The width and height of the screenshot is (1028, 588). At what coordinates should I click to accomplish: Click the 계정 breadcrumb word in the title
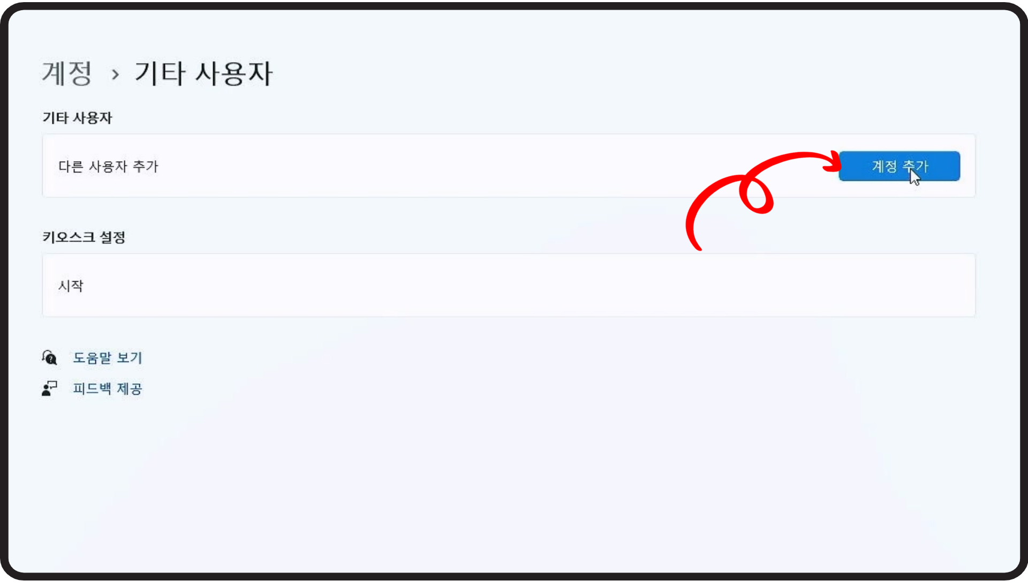pyautogui.click(x=67, y=73)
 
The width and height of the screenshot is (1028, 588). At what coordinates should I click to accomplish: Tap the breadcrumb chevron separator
pyautogui.click(x=115, y=74)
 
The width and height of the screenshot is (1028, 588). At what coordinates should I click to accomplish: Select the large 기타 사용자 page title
pyautogui.click(x=203, y=73)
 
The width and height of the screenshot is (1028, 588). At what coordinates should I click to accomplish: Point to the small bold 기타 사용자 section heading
pyautogui.click(x=77, y=118)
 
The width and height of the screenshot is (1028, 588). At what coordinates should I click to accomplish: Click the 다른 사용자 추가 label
pyautogui.click(x=108, y=167)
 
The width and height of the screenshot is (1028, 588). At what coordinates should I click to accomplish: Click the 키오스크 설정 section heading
pyautogui.click(x=84, y=237)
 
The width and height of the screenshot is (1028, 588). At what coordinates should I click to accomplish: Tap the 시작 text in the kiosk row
pyautogui.click(x=71, y=286)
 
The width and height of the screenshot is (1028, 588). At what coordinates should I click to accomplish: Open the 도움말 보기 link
pyautogui.click(x=107, y=358)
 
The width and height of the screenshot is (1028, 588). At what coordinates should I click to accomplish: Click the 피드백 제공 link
pyautogui.click(x=107, y=389)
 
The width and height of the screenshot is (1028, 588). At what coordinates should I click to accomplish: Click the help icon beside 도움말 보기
pyautogui.click(x=49, y=358)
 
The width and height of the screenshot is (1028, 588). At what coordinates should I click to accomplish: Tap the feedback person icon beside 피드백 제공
pyautogui.click(x=49, y=389)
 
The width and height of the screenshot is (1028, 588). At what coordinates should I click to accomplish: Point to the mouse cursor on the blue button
pyautogui.click(x=914, y=177)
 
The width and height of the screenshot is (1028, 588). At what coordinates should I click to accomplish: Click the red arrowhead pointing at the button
pyautogui.click(x=833, y=161)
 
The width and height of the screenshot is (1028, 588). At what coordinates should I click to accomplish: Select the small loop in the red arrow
pyautogui.click(x=755, y=195)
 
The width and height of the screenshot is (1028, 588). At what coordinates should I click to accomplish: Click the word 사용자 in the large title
pyautogui.click(x=234, y=73)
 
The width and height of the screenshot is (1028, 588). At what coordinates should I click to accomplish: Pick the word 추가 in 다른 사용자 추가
pyautogui.click(x=145, y=167)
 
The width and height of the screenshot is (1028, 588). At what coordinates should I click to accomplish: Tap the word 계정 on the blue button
pyautogui.click(x=884, y=167)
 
